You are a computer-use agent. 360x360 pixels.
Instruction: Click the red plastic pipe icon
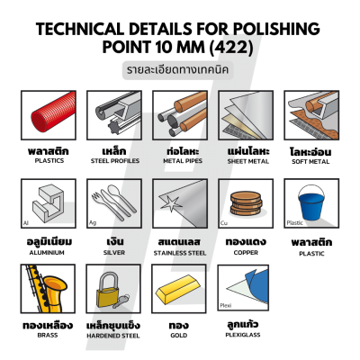(x=53, y=112)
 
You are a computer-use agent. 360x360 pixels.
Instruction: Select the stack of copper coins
(x=246, y=203)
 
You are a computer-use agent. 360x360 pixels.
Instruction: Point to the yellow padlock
(x=107, y=290)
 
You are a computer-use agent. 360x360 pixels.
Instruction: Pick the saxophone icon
(x=48, y=289)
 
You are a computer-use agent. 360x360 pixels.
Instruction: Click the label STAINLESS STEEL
(x=180, y=253)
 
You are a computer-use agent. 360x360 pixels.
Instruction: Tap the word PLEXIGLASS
(x=243, y=335)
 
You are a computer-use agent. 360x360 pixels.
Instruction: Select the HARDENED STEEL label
(x=113, y=336)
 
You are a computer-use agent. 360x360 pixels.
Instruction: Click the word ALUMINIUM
(x=47, y=253)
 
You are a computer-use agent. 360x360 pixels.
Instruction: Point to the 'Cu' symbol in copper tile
(x=224, y=223)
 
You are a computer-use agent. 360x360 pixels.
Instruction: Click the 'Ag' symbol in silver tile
(x=93, y=223)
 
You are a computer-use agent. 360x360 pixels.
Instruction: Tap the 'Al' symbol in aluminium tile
(x=26, y=223)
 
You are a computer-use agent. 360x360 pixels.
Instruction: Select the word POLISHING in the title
(x=276, y=29)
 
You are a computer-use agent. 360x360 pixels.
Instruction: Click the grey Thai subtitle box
(x=178, y=70)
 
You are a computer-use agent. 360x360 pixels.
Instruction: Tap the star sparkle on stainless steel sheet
(x=171, y=204)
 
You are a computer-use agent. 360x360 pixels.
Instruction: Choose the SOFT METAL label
(x=310, y=161)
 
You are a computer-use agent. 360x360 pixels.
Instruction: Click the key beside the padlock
(x=121, y=301)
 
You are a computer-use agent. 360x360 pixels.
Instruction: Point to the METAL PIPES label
(x=183, y=161)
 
